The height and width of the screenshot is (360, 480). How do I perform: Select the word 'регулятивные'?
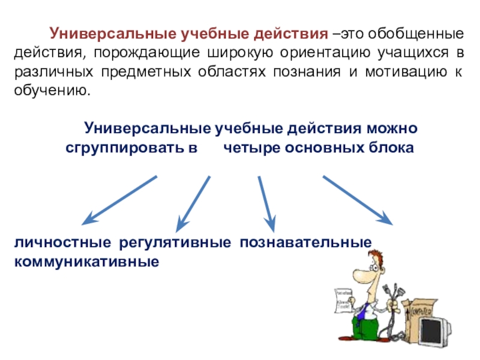point(176,244)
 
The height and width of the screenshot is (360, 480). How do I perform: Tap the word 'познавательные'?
point(306,244)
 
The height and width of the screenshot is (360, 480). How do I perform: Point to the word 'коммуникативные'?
point(87,262)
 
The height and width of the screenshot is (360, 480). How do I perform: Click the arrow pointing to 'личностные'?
point(119,200)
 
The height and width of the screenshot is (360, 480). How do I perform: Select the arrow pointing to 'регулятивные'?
point(194,205)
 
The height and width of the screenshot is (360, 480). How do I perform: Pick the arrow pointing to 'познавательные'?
point(266,204)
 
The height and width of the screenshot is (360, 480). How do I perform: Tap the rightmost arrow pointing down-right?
point(358,200)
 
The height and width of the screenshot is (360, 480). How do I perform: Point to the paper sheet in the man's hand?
point(341,299)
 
